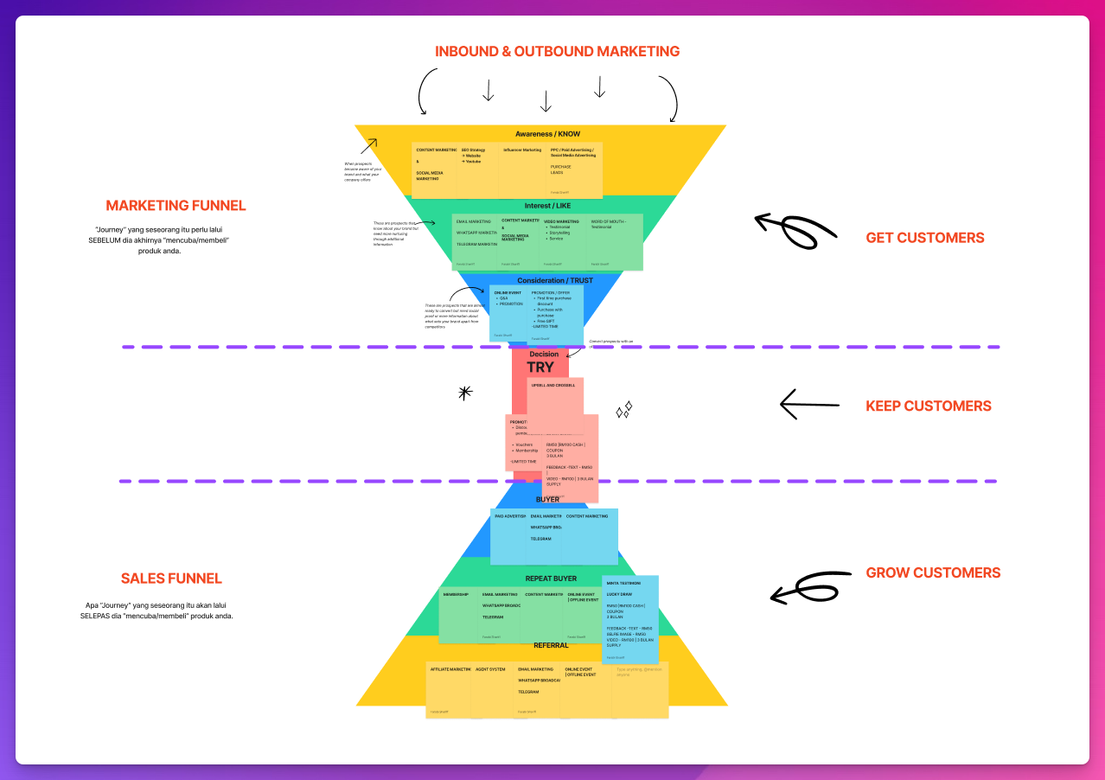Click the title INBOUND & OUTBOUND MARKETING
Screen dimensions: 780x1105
[x=557, y=51]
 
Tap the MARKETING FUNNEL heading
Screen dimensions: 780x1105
[x=176, y=206]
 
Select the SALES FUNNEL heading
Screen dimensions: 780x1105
[x=171, y=579]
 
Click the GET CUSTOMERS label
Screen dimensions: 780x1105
[x=924, y=238]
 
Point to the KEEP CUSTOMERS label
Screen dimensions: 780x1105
[x=929, y=406]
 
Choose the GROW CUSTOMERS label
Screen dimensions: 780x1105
[x=933, y=572]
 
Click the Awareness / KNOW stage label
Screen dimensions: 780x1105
[x=548, y=134]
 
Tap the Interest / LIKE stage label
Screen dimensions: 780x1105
[x=547, y=206]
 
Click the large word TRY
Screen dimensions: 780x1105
[x=540, y=367]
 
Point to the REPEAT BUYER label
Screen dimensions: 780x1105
[x=551, y=579]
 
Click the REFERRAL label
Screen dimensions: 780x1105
[x=551, y=645]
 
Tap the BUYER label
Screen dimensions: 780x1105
[x=547, y=500]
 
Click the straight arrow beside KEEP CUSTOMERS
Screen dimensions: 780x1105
[x=808, y=404]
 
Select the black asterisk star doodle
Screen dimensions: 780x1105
[x=465, y=393]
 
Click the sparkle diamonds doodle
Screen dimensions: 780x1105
[x=623, y=410]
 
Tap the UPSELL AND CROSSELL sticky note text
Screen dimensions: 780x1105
[x=553, y=386]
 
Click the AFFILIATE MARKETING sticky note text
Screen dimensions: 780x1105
[x=450, y=669]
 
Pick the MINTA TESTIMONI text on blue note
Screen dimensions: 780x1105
[x=623, y=584]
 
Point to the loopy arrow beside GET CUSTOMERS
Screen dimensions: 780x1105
[x=791, y=228]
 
